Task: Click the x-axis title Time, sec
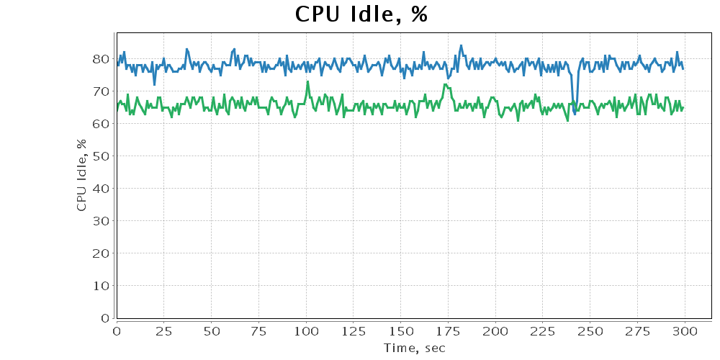pos(414,348)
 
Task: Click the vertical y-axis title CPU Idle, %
pos(81,175)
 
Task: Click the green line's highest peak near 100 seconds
pos(307,81)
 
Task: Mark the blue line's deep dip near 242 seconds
pos(575,114)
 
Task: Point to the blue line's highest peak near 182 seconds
pos(461,46)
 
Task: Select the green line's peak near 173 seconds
pos(445,85)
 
